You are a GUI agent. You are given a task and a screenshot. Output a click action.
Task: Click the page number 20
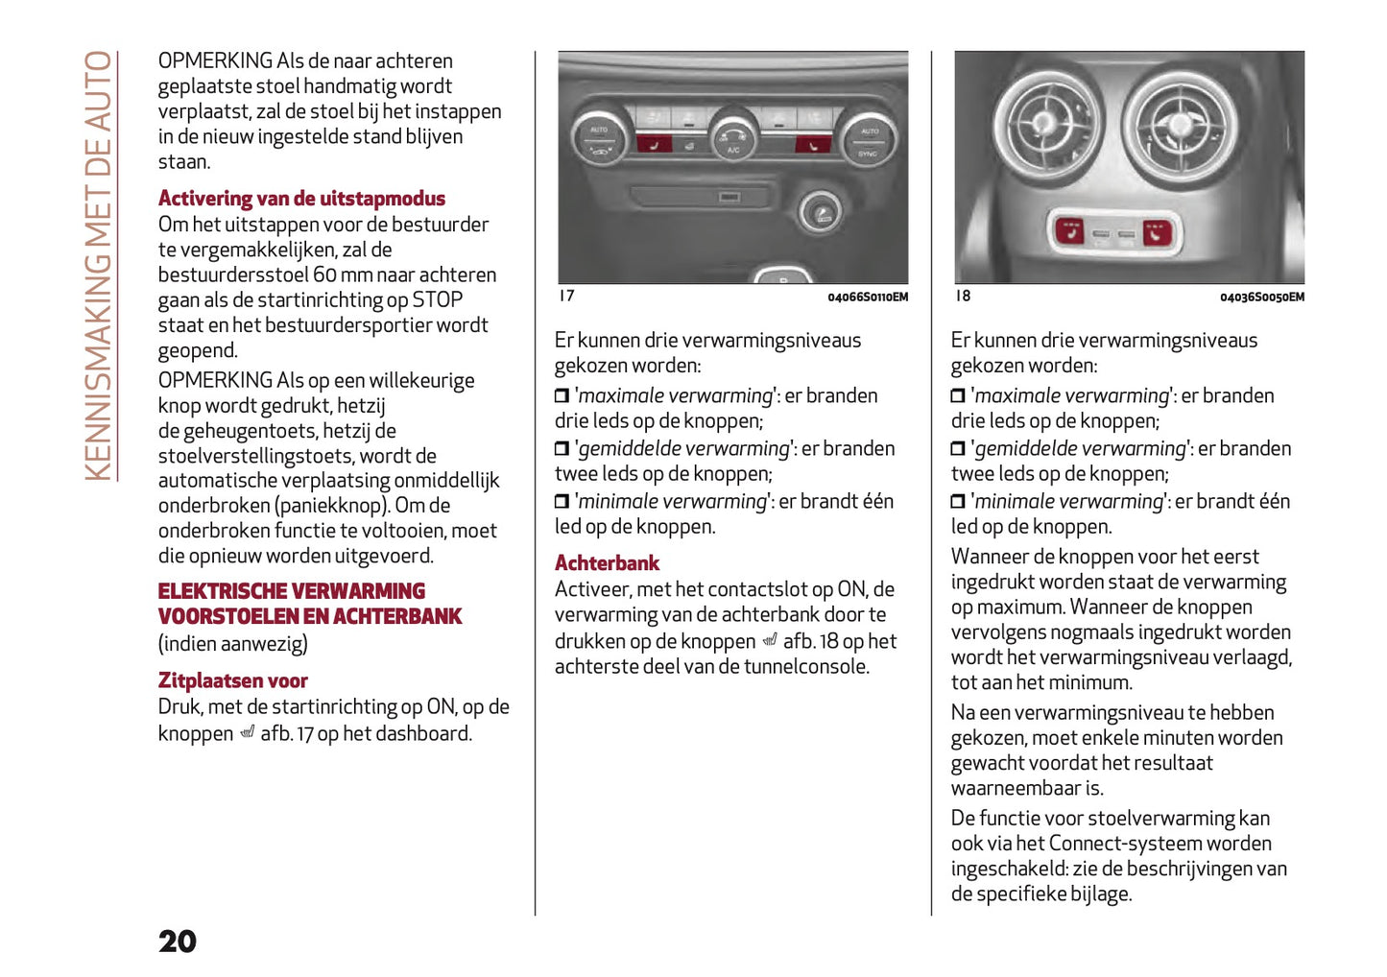click(x=178, y=941)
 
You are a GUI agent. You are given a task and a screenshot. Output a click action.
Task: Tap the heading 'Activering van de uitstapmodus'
click(x=301, y=199)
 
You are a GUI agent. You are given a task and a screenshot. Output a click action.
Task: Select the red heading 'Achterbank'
click(x=607, y=563)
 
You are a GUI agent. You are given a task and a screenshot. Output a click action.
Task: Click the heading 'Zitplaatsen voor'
click(x=232, y=680)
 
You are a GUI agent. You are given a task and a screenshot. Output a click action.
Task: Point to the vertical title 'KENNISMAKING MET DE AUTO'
click(x=98, y=266)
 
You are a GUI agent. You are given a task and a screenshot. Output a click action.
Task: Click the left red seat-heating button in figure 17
click(x=655, y=145)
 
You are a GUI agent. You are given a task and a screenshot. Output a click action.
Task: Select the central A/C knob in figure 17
click(x=733, y=138)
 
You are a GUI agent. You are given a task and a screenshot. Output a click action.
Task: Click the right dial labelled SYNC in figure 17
click(x=869, y=139)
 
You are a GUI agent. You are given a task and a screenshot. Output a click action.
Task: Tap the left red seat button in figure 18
click(x=1069, y=231)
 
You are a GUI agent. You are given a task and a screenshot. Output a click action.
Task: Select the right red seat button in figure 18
click(x=1157, y=232)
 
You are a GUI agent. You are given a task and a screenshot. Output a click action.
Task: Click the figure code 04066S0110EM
click(x=867, y=298)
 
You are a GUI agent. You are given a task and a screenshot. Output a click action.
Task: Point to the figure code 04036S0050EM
click(x=1261, y=298)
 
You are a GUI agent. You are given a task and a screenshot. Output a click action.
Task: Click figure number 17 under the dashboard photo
click(x=566, y=296)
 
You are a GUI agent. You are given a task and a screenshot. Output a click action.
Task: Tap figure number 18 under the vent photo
click(x=963, y=296)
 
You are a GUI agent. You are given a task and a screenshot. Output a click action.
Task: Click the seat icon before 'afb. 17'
click(x=247, y=733)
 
